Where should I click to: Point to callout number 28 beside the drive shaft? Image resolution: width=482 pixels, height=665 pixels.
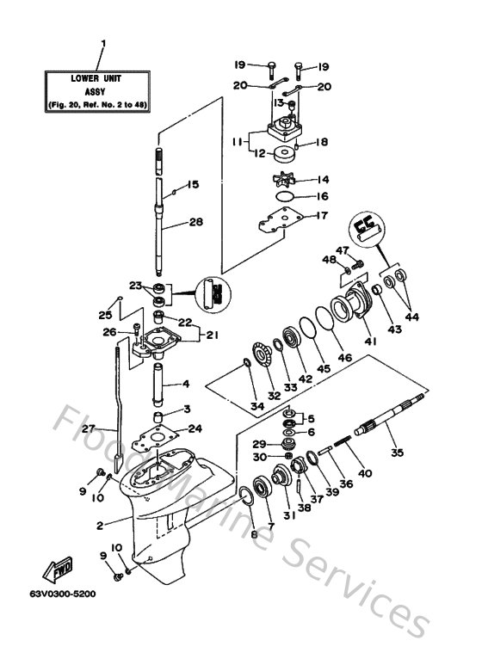point(196,222)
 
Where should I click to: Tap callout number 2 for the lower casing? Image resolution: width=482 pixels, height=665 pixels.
point(100,525)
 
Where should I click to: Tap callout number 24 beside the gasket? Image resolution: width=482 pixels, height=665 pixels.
point(195,428)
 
